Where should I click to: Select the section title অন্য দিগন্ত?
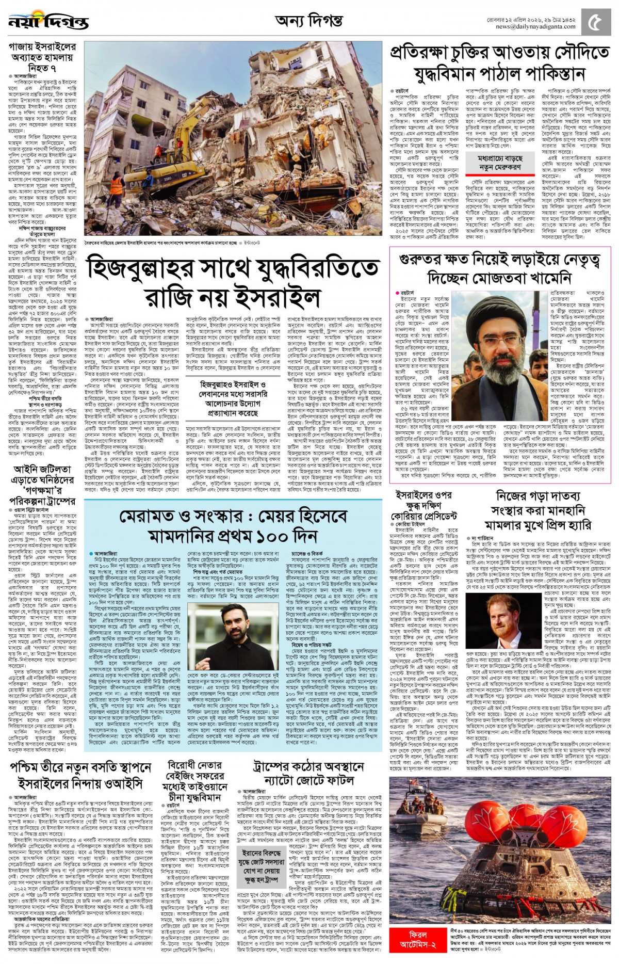point(309,21)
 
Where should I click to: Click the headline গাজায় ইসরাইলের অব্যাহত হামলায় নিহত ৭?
point(42,57)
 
